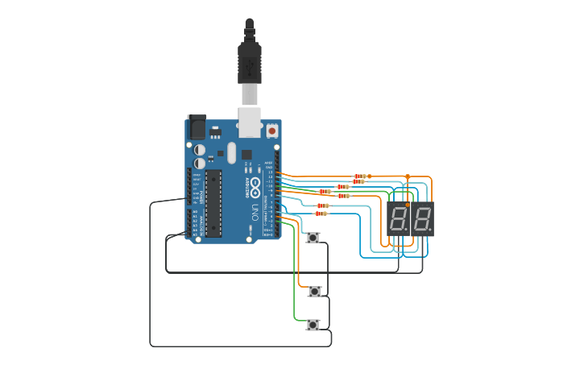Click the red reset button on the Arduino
pos(272,130)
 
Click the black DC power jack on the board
pos(197,127)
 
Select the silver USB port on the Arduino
pos(250,121)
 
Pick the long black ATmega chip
pos(213,203)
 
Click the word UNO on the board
pos(255,213)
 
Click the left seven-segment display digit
pos(399,218)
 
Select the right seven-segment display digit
pos(423,218)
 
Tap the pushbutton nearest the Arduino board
pos(313,238)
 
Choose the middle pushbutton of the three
pos(314,291)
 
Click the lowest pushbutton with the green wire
pos(313,325)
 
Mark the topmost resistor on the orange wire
pos(360,176)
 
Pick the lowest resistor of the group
pos(321,214)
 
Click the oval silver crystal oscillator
pos(232,152)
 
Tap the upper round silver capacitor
pos(200,150)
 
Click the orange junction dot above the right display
pos(408,176)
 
